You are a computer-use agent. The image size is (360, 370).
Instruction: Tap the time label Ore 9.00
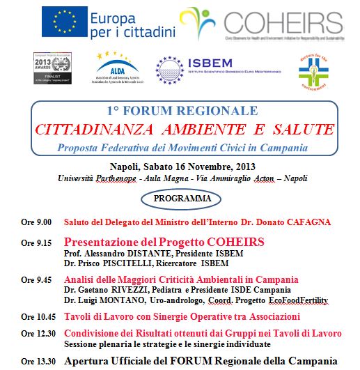coord(36,222)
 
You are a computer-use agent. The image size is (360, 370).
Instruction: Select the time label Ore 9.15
coord(36,242)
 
